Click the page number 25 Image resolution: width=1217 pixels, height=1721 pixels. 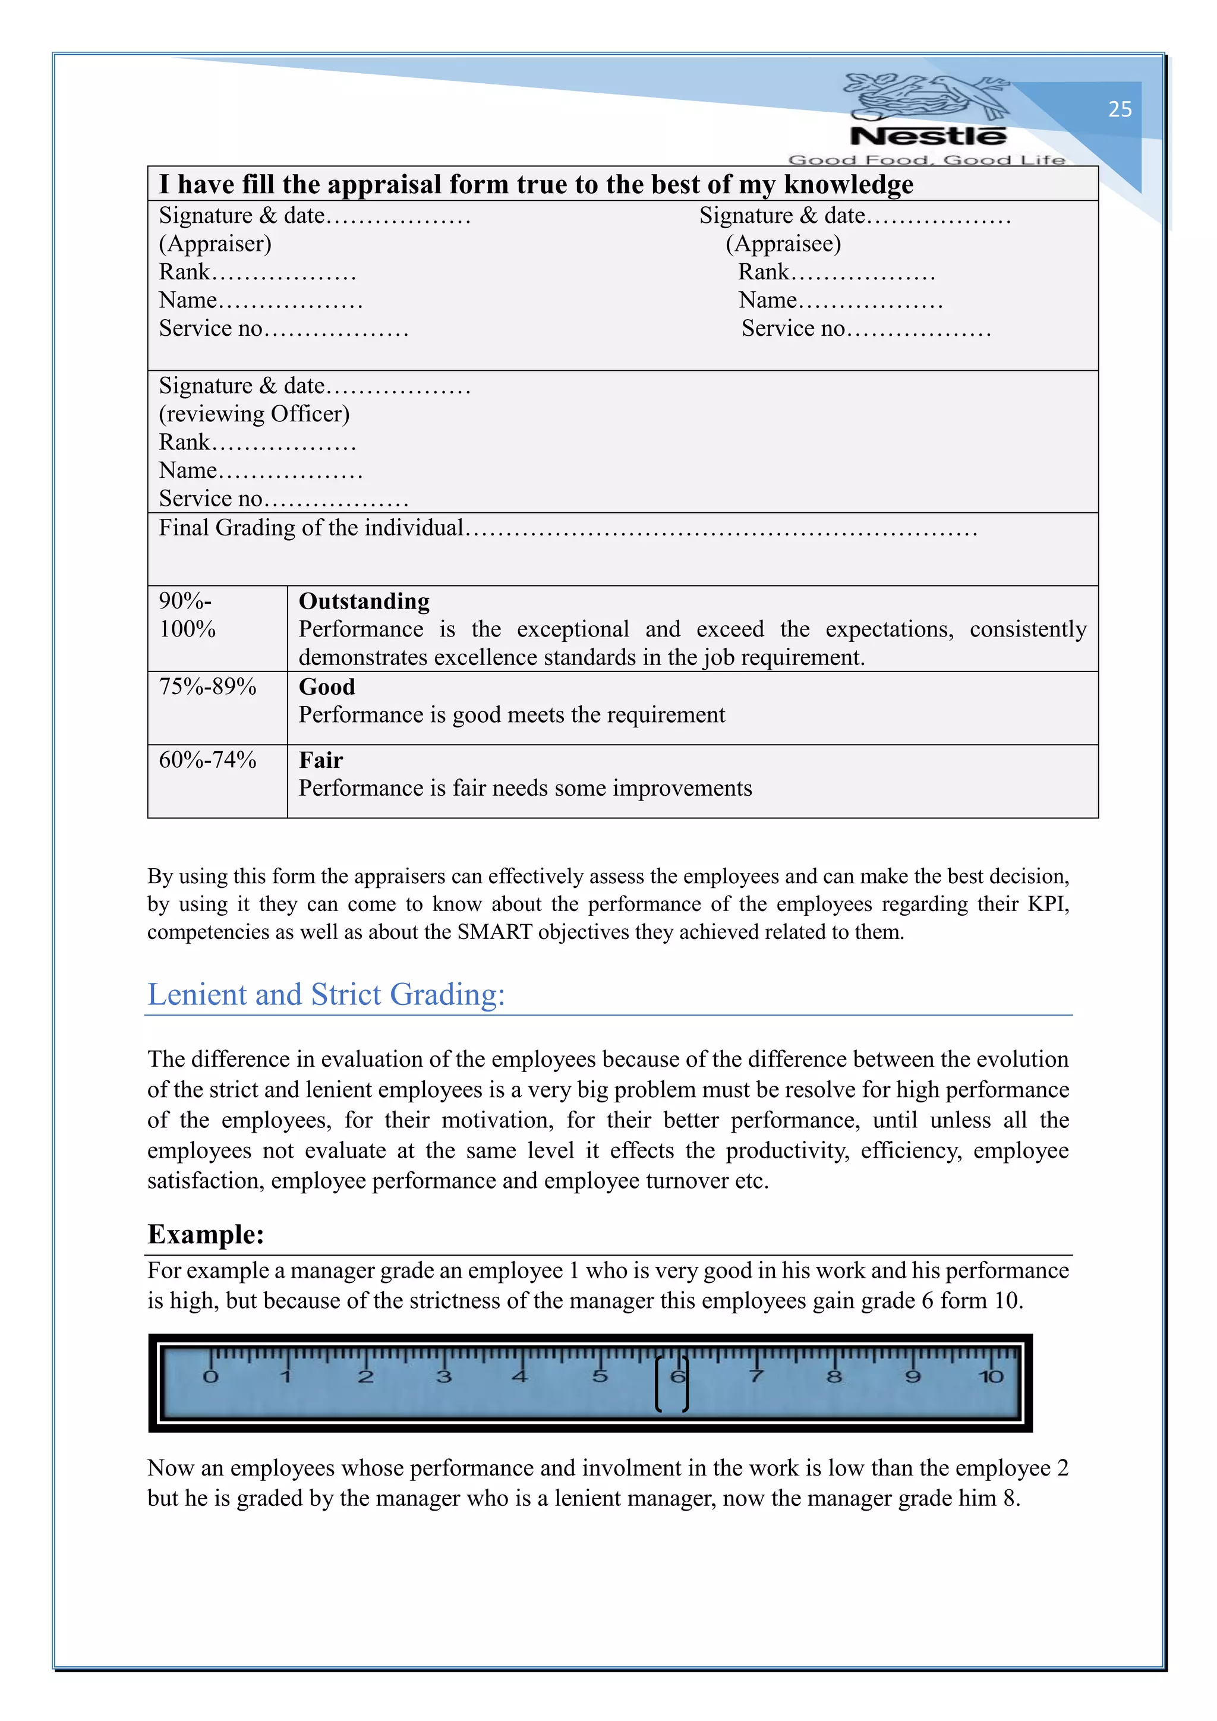point(1120,109)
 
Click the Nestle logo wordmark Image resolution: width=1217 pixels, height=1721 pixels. point(928,137)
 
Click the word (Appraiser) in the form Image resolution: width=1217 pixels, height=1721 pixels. point(215,244)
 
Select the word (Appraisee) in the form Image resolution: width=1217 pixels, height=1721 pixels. point(783,244)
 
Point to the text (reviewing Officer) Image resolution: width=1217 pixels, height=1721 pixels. point(254,414)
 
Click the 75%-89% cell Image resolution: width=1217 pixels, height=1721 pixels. point(207,686)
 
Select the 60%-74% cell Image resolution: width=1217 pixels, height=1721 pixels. point(207,759)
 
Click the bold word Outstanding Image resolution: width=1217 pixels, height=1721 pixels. point(364,601)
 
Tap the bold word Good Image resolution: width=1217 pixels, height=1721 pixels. point(327,686)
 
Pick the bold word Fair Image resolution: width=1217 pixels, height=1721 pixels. point(321,760)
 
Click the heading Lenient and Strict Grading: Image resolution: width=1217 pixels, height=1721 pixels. point(326,994)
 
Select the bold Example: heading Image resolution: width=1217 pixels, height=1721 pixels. point(206,1234)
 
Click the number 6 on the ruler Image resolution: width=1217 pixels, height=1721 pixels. point(677,1376)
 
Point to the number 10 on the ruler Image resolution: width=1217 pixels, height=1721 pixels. point(990,1376)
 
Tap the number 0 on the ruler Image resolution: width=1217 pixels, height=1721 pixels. point(210,1376)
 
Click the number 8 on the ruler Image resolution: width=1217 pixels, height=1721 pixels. point(834,1376)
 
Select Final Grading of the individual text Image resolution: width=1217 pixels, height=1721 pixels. point(311,528)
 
